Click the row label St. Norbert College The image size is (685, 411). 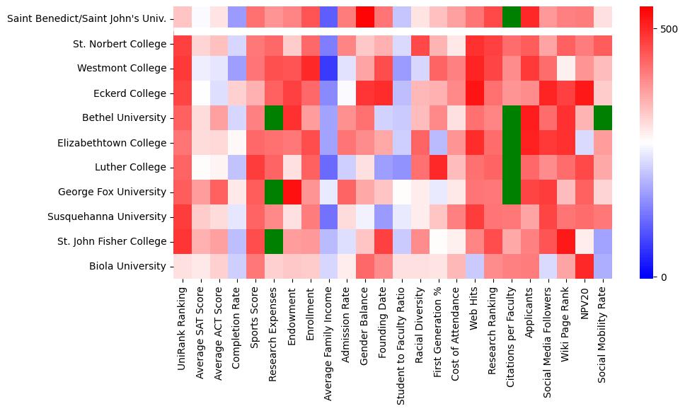(x=120, y=44)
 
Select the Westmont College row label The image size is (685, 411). (x=122, y=69)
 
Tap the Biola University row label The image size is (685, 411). (x=127, y=266)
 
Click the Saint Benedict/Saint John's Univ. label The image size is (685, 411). (x=87, y=18)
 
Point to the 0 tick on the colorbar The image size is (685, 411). (x=663, y=277)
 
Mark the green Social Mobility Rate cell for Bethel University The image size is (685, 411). (x=603, y=118)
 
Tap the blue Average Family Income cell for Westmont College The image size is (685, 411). (x=328, y=69)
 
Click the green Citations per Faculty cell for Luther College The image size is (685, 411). (x=512, y=168)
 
